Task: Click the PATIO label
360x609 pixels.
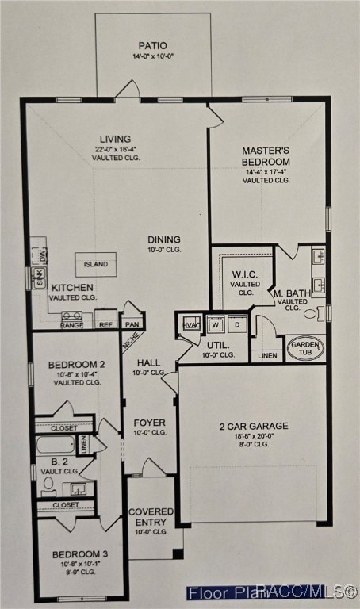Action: [x=153, y=46]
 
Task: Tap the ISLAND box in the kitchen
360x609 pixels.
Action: [x=96, y=264]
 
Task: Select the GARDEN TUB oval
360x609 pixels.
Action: [x=305, y=348]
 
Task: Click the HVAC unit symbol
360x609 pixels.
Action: [x=191, y=324]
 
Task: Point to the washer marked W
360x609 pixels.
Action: [x=215, y=324]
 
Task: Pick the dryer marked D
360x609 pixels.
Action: [x=236, y=324]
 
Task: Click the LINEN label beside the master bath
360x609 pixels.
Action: [x=268, y=355]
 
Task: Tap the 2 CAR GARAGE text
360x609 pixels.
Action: [x=254, y=426]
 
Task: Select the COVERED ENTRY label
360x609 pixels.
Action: [x=151, y=517]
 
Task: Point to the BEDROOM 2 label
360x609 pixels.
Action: [x=76, y=365]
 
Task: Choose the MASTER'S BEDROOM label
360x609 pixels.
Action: [x=266, y=155]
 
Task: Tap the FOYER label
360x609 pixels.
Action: [x=149, y=423]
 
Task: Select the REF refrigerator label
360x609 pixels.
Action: [x=105, y=324]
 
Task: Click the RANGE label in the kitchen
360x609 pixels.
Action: [x=71, y=324]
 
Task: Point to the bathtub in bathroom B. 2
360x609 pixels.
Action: [x=56, y=445]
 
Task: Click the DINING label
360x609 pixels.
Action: [x=163, y=239]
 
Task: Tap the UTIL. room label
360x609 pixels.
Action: [x=218, y=345]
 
